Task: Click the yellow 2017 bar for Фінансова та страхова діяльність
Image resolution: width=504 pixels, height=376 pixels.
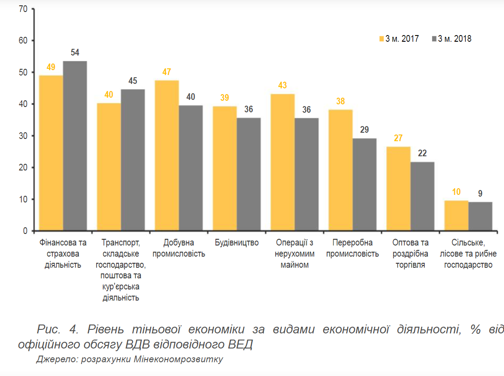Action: point(51,153)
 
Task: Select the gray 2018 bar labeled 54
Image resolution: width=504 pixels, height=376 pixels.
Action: point(74,146)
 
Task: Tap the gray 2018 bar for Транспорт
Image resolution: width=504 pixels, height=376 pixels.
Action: point(133,160)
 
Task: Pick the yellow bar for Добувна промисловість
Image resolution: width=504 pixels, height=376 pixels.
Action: point(167,156)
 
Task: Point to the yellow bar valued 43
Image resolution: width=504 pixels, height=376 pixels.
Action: point(283,162)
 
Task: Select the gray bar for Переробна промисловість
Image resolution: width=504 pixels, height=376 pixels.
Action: point(364,185)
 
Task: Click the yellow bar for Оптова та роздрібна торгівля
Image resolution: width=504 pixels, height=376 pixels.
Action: point(399,189)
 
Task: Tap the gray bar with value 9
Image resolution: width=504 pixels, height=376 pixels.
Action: point(480,217)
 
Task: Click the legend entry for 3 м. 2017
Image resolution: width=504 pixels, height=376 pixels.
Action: point(399,39)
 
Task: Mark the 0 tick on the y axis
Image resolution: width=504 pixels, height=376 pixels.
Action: point(26,231)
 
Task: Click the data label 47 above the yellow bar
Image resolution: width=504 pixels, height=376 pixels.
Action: point(167,72)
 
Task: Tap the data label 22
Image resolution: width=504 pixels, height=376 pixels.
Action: point(422,154)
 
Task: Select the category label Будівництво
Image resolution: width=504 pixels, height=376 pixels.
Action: point(237,243)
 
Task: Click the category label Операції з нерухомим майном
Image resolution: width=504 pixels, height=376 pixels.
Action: point(294,254)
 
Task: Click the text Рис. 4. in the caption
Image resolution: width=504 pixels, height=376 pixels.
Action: point(58,330)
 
